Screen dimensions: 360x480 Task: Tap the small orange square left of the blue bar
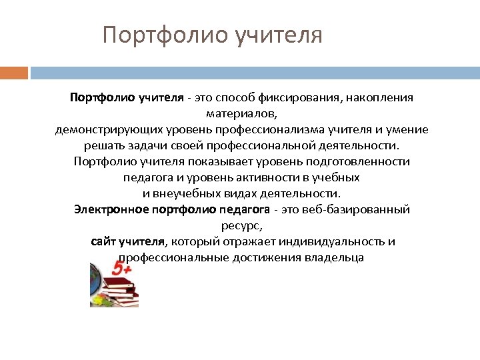point(14,72)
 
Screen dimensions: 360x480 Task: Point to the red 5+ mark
point(122,269)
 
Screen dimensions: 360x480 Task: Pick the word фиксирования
point(311,98)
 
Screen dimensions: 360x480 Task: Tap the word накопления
point(381,98)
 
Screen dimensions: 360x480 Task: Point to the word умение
point(406,129)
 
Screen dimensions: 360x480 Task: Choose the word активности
point(277,177)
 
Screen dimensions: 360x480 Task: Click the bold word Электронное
point(111,209)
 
